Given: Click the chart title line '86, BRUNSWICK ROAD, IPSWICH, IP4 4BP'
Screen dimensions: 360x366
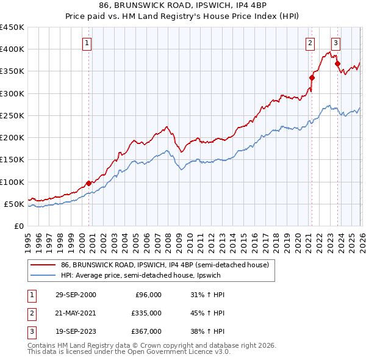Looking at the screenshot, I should click(x=182, y=5).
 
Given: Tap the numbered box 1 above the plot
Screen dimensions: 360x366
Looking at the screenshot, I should click(x=88, y=43).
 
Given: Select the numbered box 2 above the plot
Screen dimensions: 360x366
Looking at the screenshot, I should click(x=310, y=43).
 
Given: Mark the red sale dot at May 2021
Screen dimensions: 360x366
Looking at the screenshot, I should click(x=312, y=77).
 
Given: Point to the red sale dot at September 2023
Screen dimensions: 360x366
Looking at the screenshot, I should click(x=337, y=63).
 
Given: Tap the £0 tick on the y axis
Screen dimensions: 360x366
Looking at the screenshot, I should click(x=18, y=226).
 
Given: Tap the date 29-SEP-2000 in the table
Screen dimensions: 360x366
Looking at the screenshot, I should click(x=76, y=295).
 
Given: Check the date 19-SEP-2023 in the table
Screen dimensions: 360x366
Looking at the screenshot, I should click(x=76, y=331).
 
